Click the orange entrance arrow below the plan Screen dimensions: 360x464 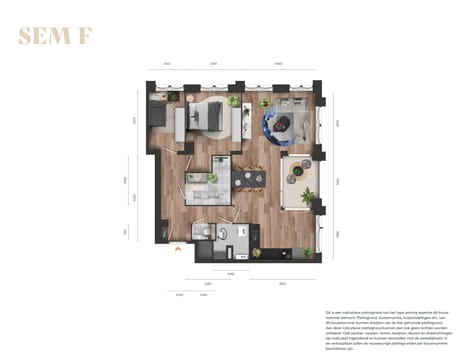[178, 249]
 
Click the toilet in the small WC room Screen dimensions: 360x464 [200, 232]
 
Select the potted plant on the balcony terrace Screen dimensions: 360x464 [307, 197]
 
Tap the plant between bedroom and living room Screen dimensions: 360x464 [235, 101]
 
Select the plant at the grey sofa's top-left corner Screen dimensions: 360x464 [265, 102]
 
